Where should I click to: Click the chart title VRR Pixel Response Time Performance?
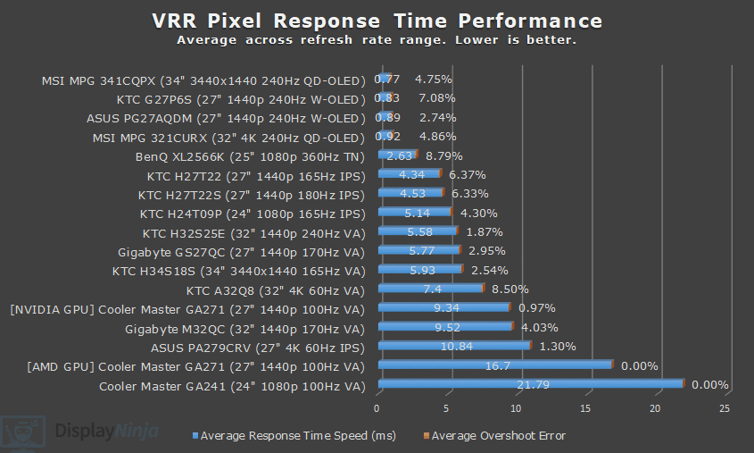[377, 20]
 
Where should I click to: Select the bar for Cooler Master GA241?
[530, 385]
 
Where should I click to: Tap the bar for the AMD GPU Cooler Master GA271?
[495, 365]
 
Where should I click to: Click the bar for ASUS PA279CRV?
[454, 346]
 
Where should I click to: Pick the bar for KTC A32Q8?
[430, 289]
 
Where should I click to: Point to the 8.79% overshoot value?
[444, 155]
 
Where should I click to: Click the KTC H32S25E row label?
[253, 232]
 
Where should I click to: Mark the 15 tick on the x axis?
[585, 408]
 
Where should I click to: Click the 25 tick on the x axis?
[724, 408]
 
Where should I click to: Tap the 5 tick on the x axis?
[446, 408]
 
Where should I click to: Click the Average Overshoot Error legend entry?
[498, 436]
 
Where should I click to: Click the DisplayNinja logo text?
[107, 432]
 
